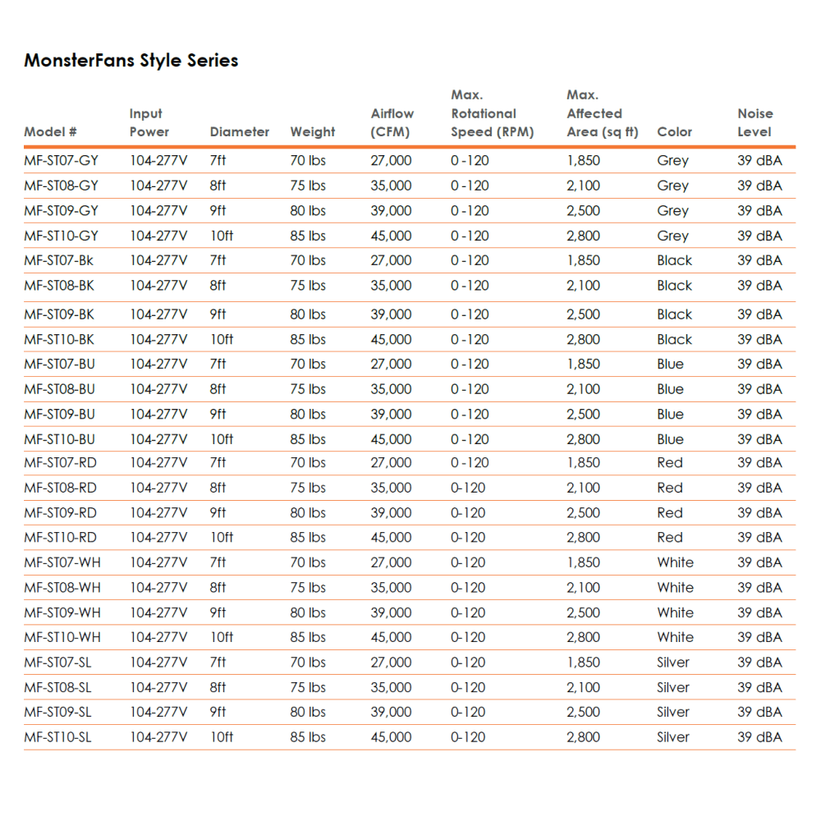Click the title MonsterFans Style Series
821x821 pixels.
tap(131, 61)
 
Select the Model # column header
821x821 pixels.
tap(50, 132)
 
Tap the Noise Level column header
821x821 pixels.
tap(754, 123)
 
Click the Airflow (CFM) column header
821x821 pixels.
tap(392, 123)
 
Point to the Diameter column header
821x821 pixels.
tap(239, 132)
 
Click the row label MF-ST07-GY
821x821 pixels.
tap(61, 161)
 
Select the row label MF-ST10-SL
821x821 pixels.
tap(57, 737)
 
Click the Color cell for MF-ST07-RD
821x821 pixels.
tap(669, 463)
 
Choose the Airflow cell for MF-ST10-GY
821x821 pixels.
tap(391, 236)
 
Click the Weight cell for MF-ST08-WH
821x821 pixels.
tap(308, 588)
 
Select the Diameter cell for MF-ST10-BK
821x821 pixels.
tap(222, 339)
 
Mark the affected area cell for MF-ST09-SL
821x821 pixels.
tap(583, 712)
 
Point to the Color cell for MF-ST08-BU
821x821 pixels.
tap(670, 389)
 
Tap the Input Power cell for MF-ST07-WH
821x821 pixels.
tap(158, 562)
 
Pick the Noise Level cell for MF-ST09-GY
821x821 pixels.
tap(759, 210)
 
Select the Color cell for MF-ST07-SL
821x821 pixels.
tap(672, 662)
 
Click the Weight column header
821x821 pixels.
tap(312, 132)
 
